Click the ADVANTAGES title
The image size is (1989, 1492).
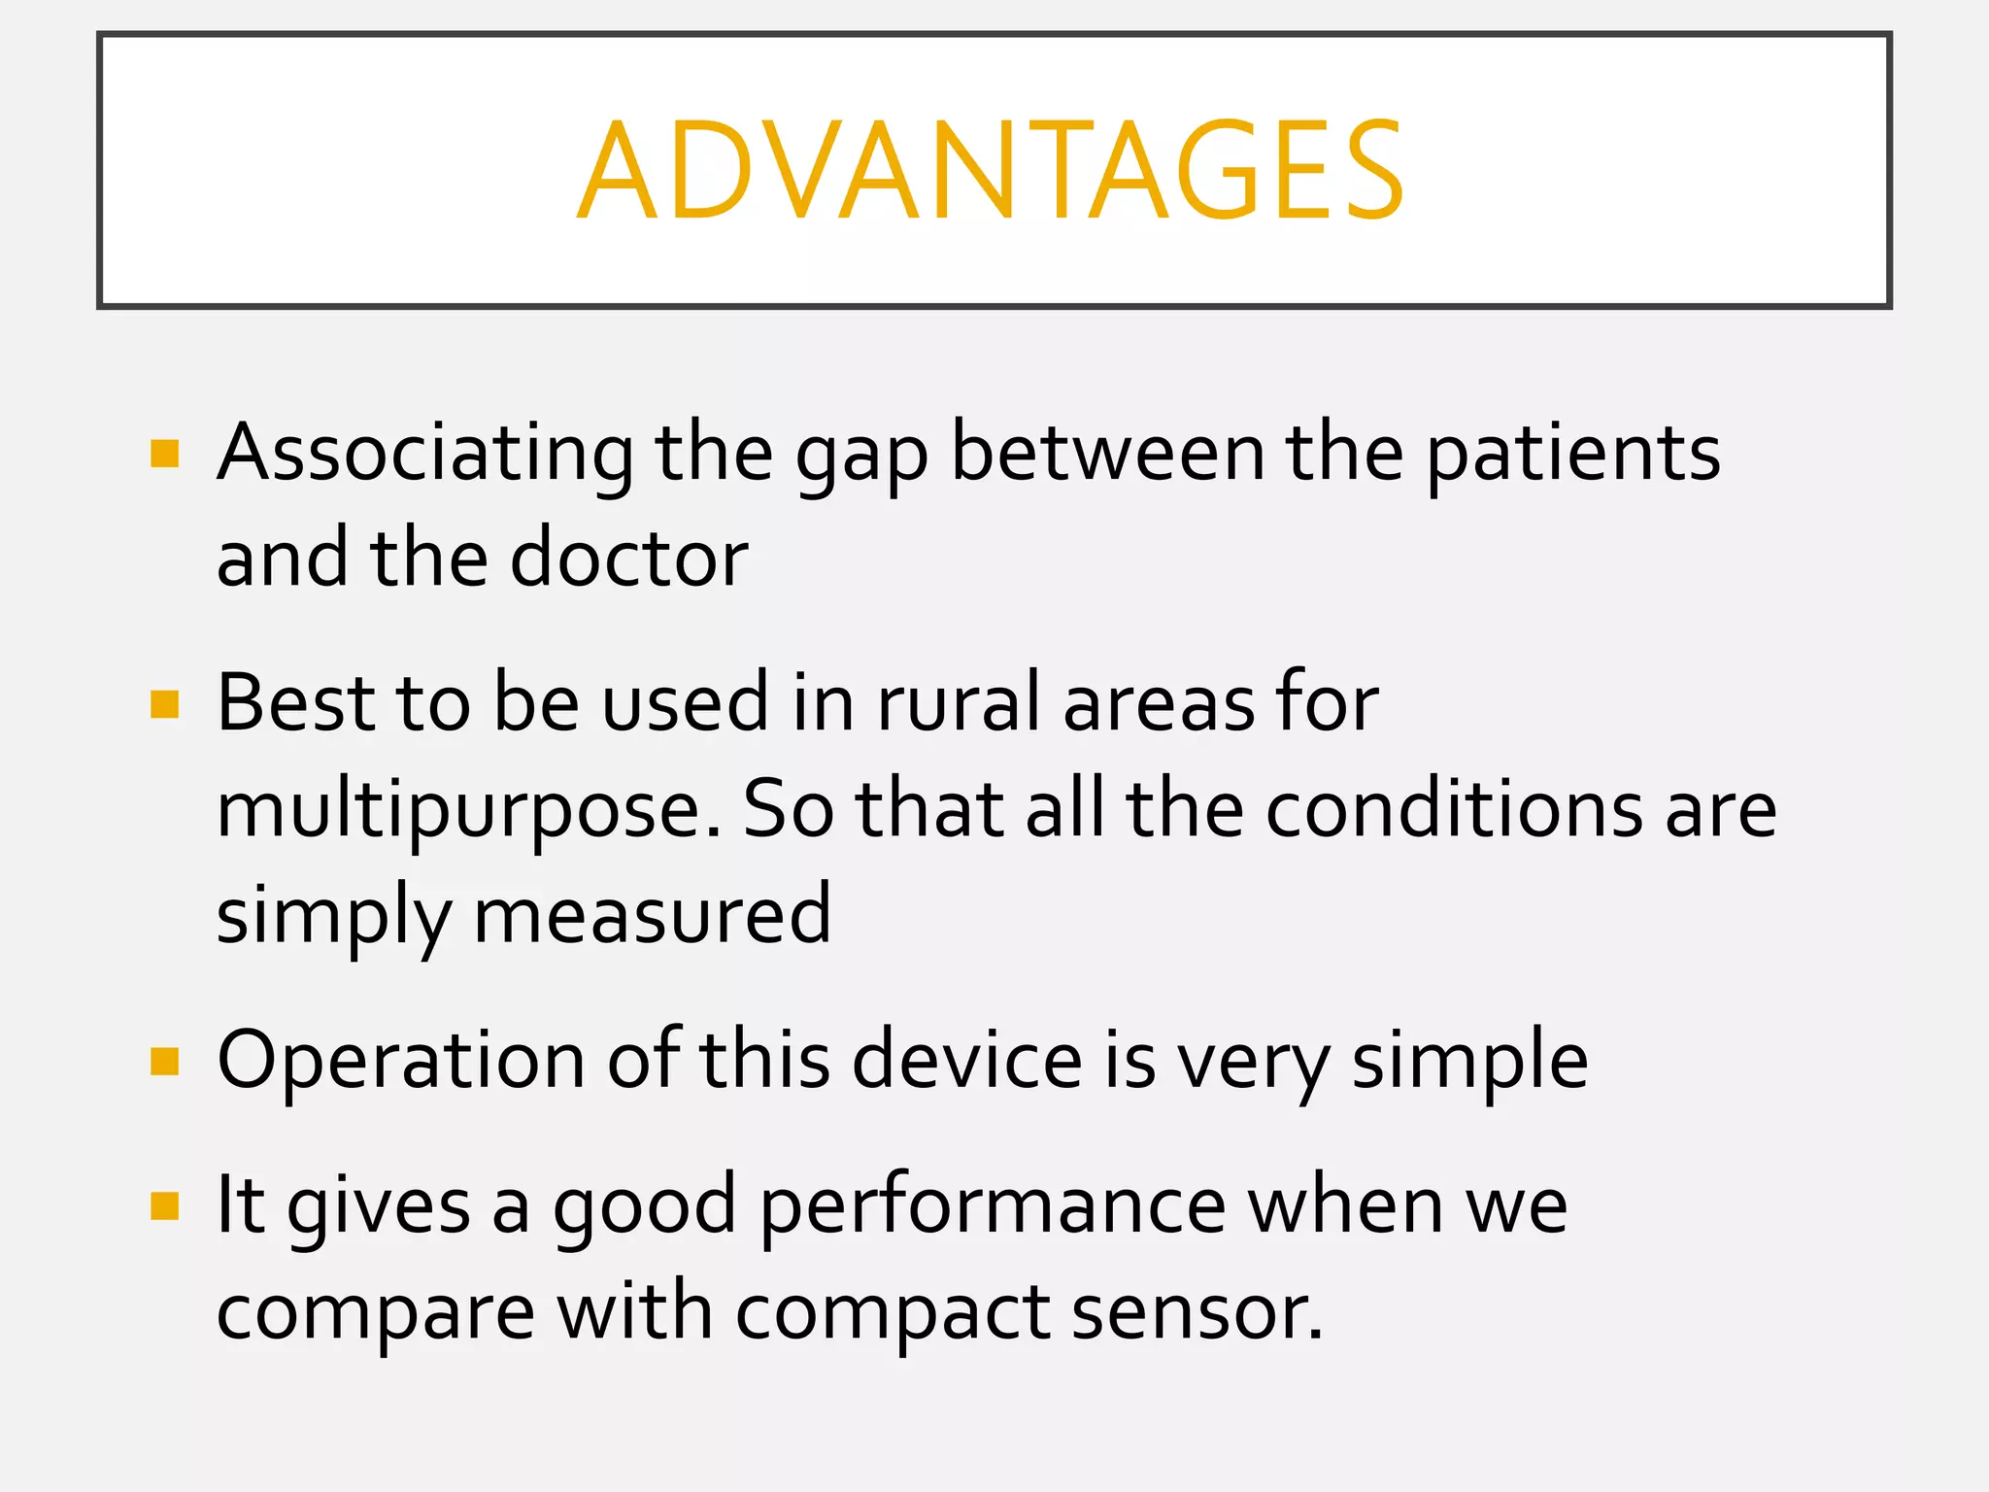point(991,172)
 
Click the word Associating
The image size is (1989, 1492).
point(425,453)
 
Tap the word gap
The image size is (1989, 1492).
point(860,457)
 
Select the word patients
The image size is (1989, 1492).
point(1573,455)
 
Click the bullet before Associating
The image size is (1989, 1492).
point(165,454)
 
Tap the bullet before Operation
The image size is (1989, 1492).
point(165,1062)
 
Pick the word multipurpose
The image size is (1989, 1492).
point(470,813)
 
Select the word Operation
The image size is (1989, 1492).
point(401,1062)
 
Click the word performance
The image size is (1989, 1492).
point(993,1207)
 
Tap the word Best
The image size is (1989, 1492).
point(295,702)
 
